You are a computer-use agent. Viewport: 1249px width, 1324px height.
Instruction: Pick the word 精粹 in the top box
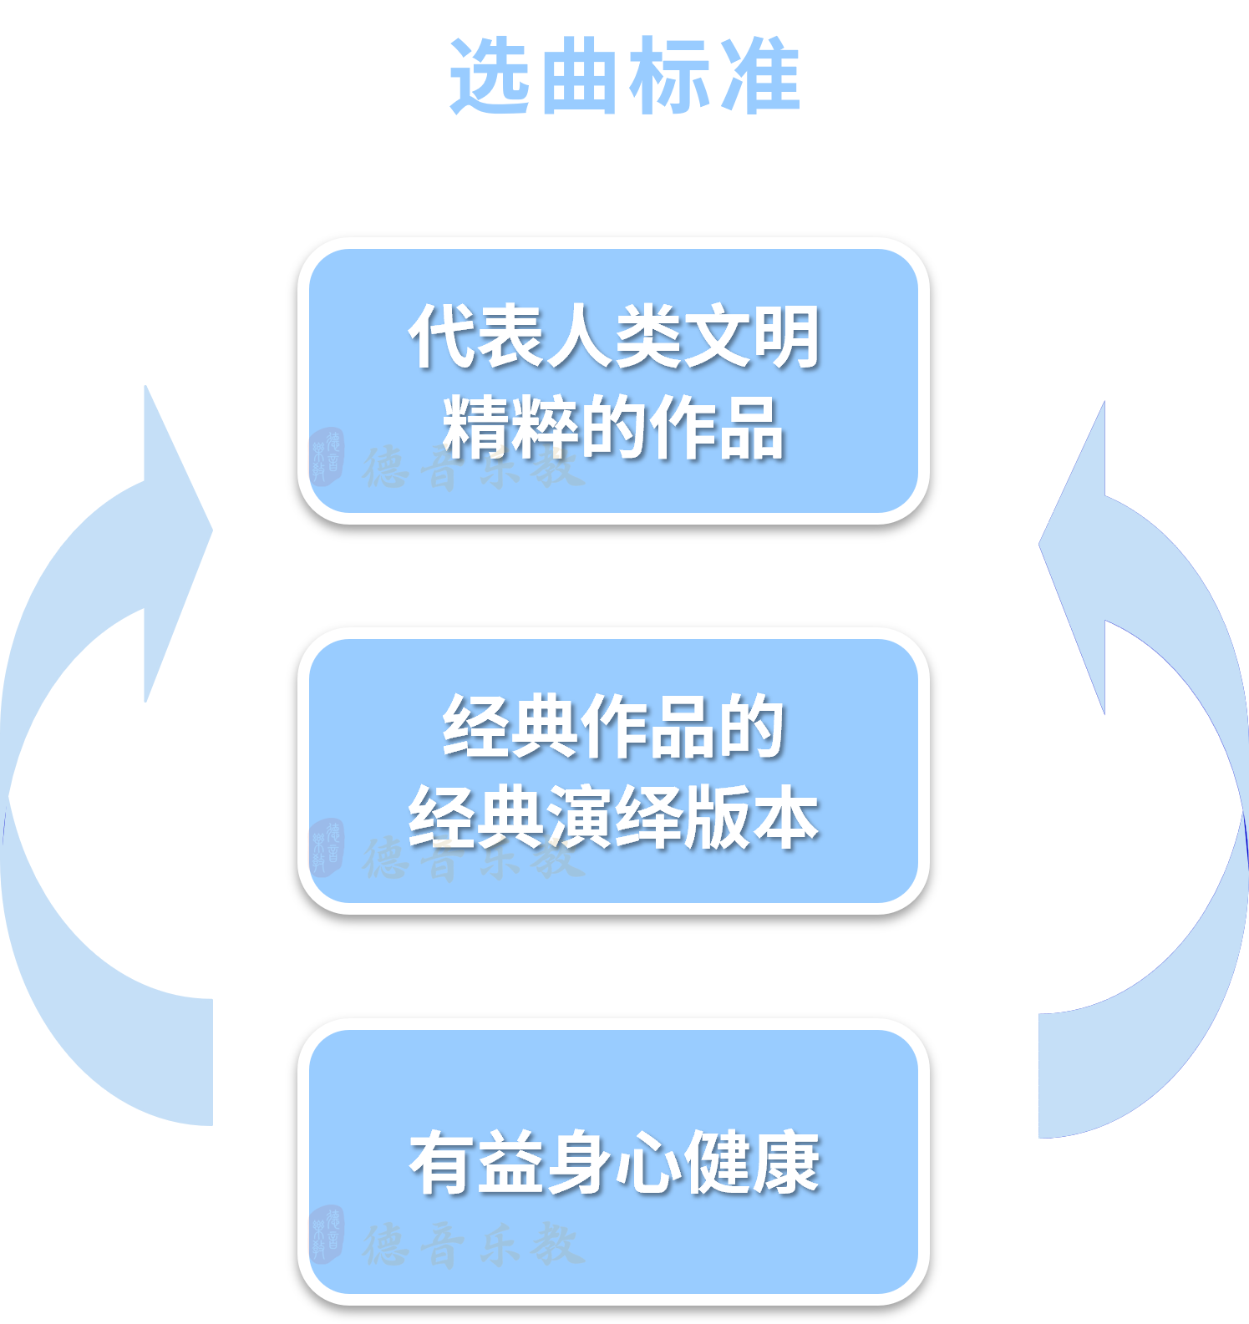(511, 428)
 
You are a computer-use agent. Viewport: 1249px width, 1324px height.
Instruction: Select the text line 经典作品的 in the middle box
(613, 727)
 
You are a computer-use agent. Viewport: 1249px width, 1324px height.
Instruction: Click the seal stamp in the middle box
(327, 845)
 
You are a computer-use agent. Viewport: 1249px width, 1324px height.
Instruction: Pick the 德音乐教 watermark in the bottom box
(473, 1245)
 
